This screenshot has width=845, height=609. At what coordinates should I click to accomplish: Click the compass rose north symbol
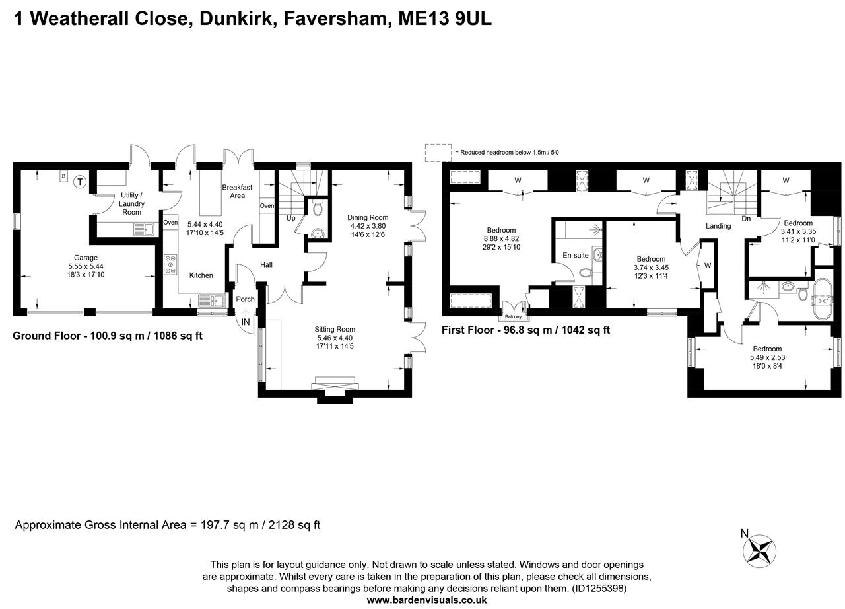coord(760,550)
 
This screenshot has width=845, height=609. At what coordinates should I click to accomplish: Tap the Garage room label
coord(86,258)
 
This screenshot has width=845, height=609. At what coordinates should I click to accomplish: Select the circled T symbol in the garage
coord(80,181)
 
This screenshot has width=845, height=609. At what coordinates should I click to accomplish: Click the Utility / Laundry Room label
coord(131,203)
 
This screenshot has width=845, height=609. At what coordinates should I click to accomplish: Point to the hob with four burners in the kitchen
coord(171,265)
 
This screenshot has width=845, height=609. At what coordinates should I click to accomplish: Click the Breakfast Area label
coord(237,192)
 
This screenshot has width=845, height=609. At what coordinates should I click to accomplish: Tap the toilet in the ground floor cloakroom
coord(318,209)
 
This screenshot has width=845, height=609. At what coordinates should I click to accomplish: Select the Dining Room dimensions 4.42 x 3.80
coord(368,226)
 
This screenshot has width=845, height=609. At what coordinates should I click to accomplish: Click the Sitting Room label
coord(336,329)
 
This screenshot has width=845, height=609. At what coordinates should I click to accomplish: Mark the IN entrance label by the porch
coord(246,322)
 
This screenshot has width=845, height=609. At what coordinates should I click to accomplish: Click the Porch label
coord(245,299)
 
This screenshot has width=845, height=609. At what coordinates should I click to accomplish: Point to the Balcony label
coord(513,316)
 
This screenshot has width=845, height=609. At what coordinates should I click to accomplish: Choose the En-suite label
coord(575,255)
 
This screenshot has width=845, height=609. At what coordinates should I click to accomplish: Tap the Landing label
coord(718,226)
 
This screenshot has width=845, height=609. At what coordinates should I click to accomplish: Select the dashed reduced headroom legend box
coord(438,153)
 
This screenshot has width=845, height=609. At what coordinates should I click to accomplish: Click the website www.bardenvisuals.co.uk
coord(426,600)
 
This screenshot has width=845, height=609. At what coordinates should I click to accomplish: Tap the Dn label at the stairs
coord(746,218)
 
